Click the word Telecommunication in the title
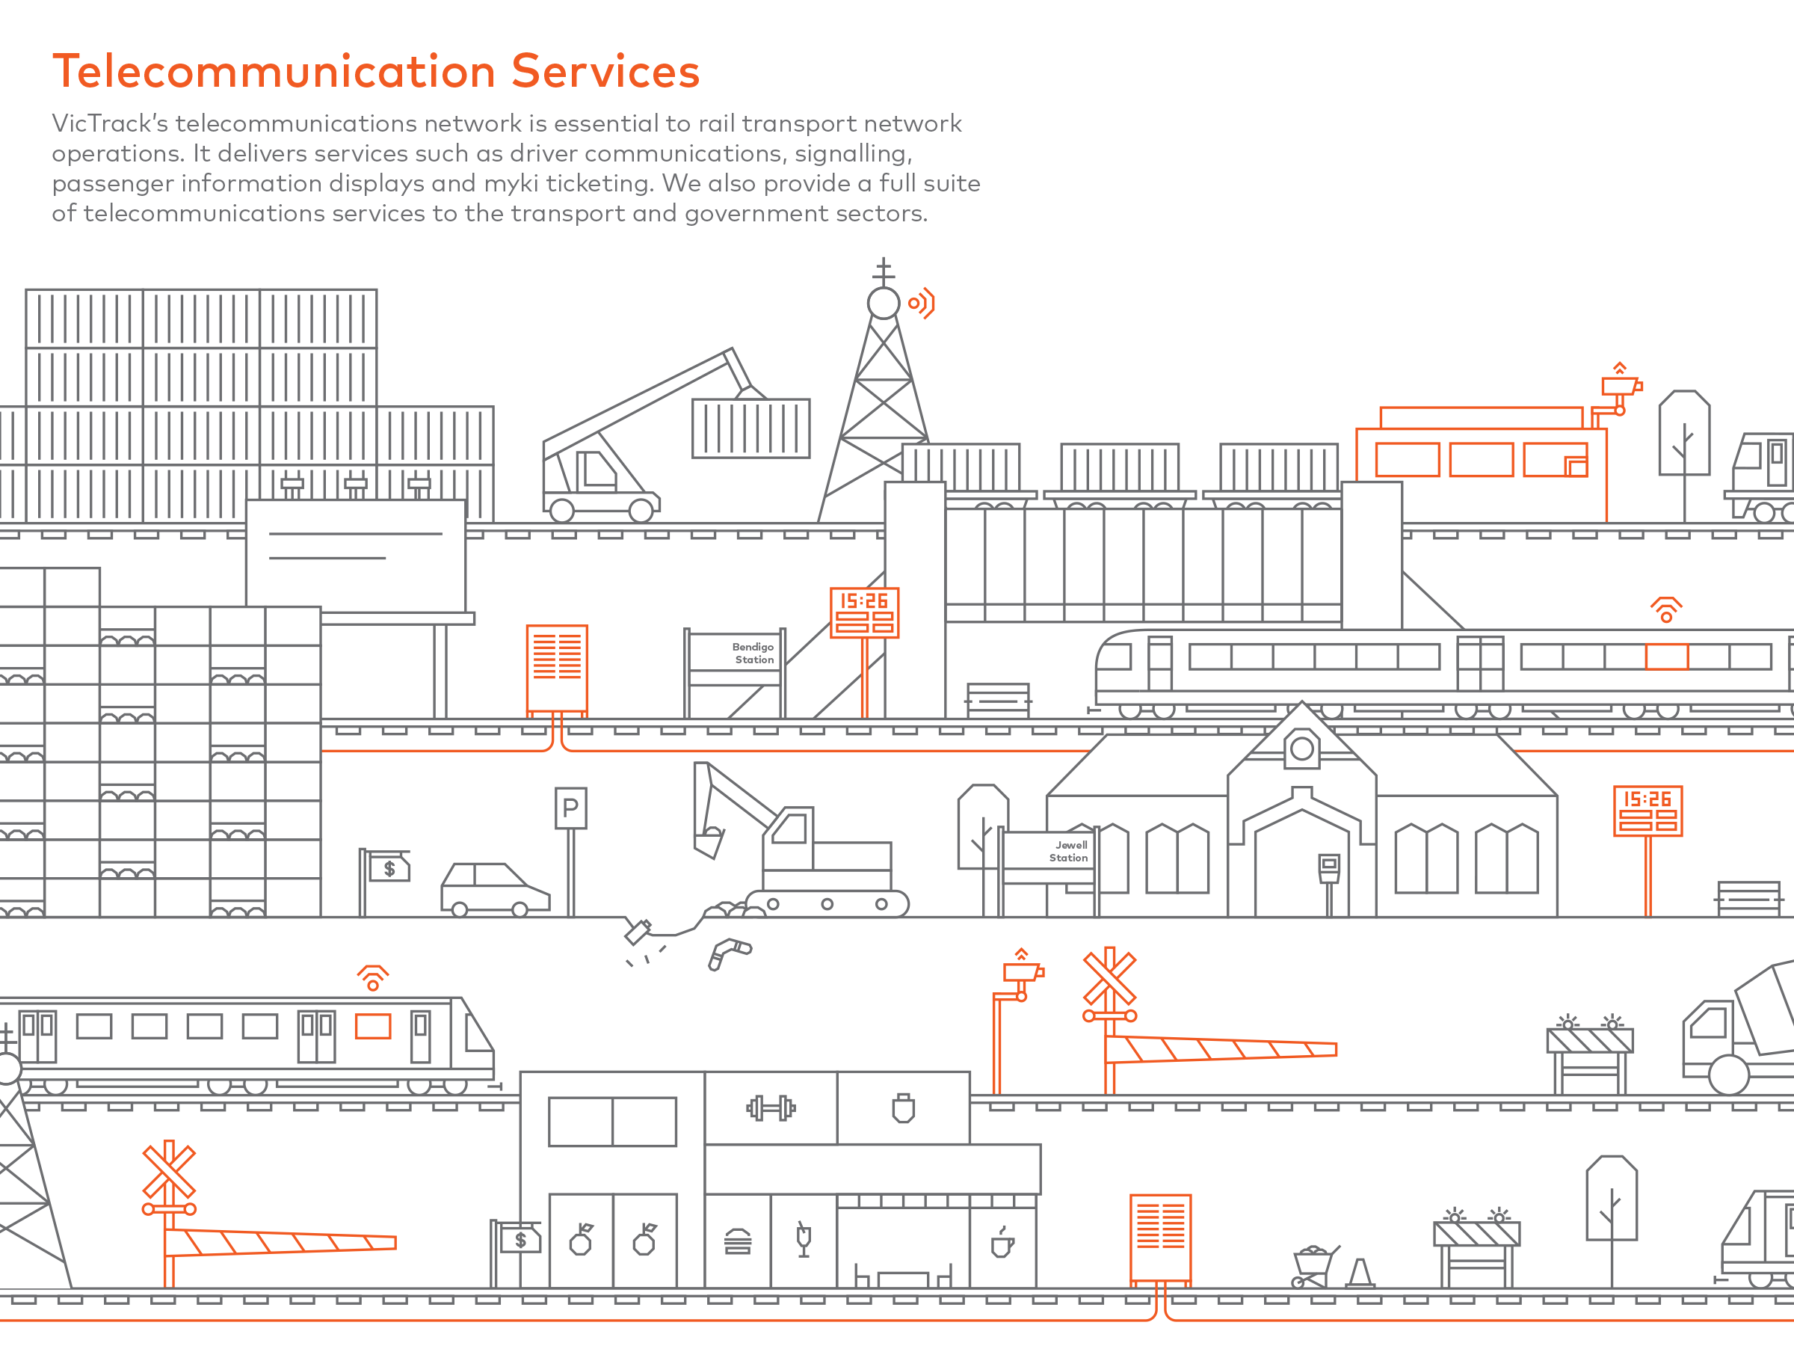[x=274, y=71]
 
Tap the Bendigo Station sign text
[x=753, y=653]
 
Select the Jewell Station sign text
[x=1069, y=851]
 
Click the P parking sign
[x=570, y=808]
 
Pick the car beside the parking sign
[x=494, y=888]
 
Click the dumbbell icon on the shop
[x=771, y=1107]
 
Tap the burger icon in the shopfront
[x=737, y=1241]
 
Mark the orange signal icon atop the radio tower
[x=922, y=304]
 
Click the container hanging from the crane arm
[x=750, y=428]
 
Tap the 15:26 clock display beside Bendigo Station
[x=864, y=612]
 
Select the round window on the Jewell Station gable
[x=1301, y=749]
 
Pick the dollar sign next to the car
[x=390, y=869]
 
